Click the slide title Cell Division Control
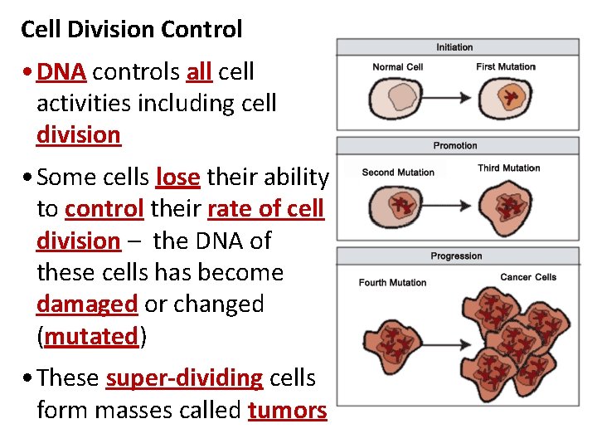click(x=131, y=30)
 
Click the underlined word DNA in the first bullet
click(x=61, y=72)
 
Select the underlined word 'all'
click(x=198, y=72)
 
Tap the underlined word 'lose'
click(x=177, y=178)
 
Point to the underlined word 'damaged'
click(x=87, y=304)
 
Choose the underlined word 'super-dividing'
click(x=184, y=378)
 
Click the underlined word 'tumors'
click(x=287, y=410)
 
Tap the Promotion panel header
click(x=455, y=146)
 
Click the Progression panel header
click(x=455, y=256)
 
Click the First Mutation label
click(x=506, y=66)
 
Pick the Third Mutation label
click(x=509, y=168)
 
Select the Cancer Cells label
click(x=528, y=277)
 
